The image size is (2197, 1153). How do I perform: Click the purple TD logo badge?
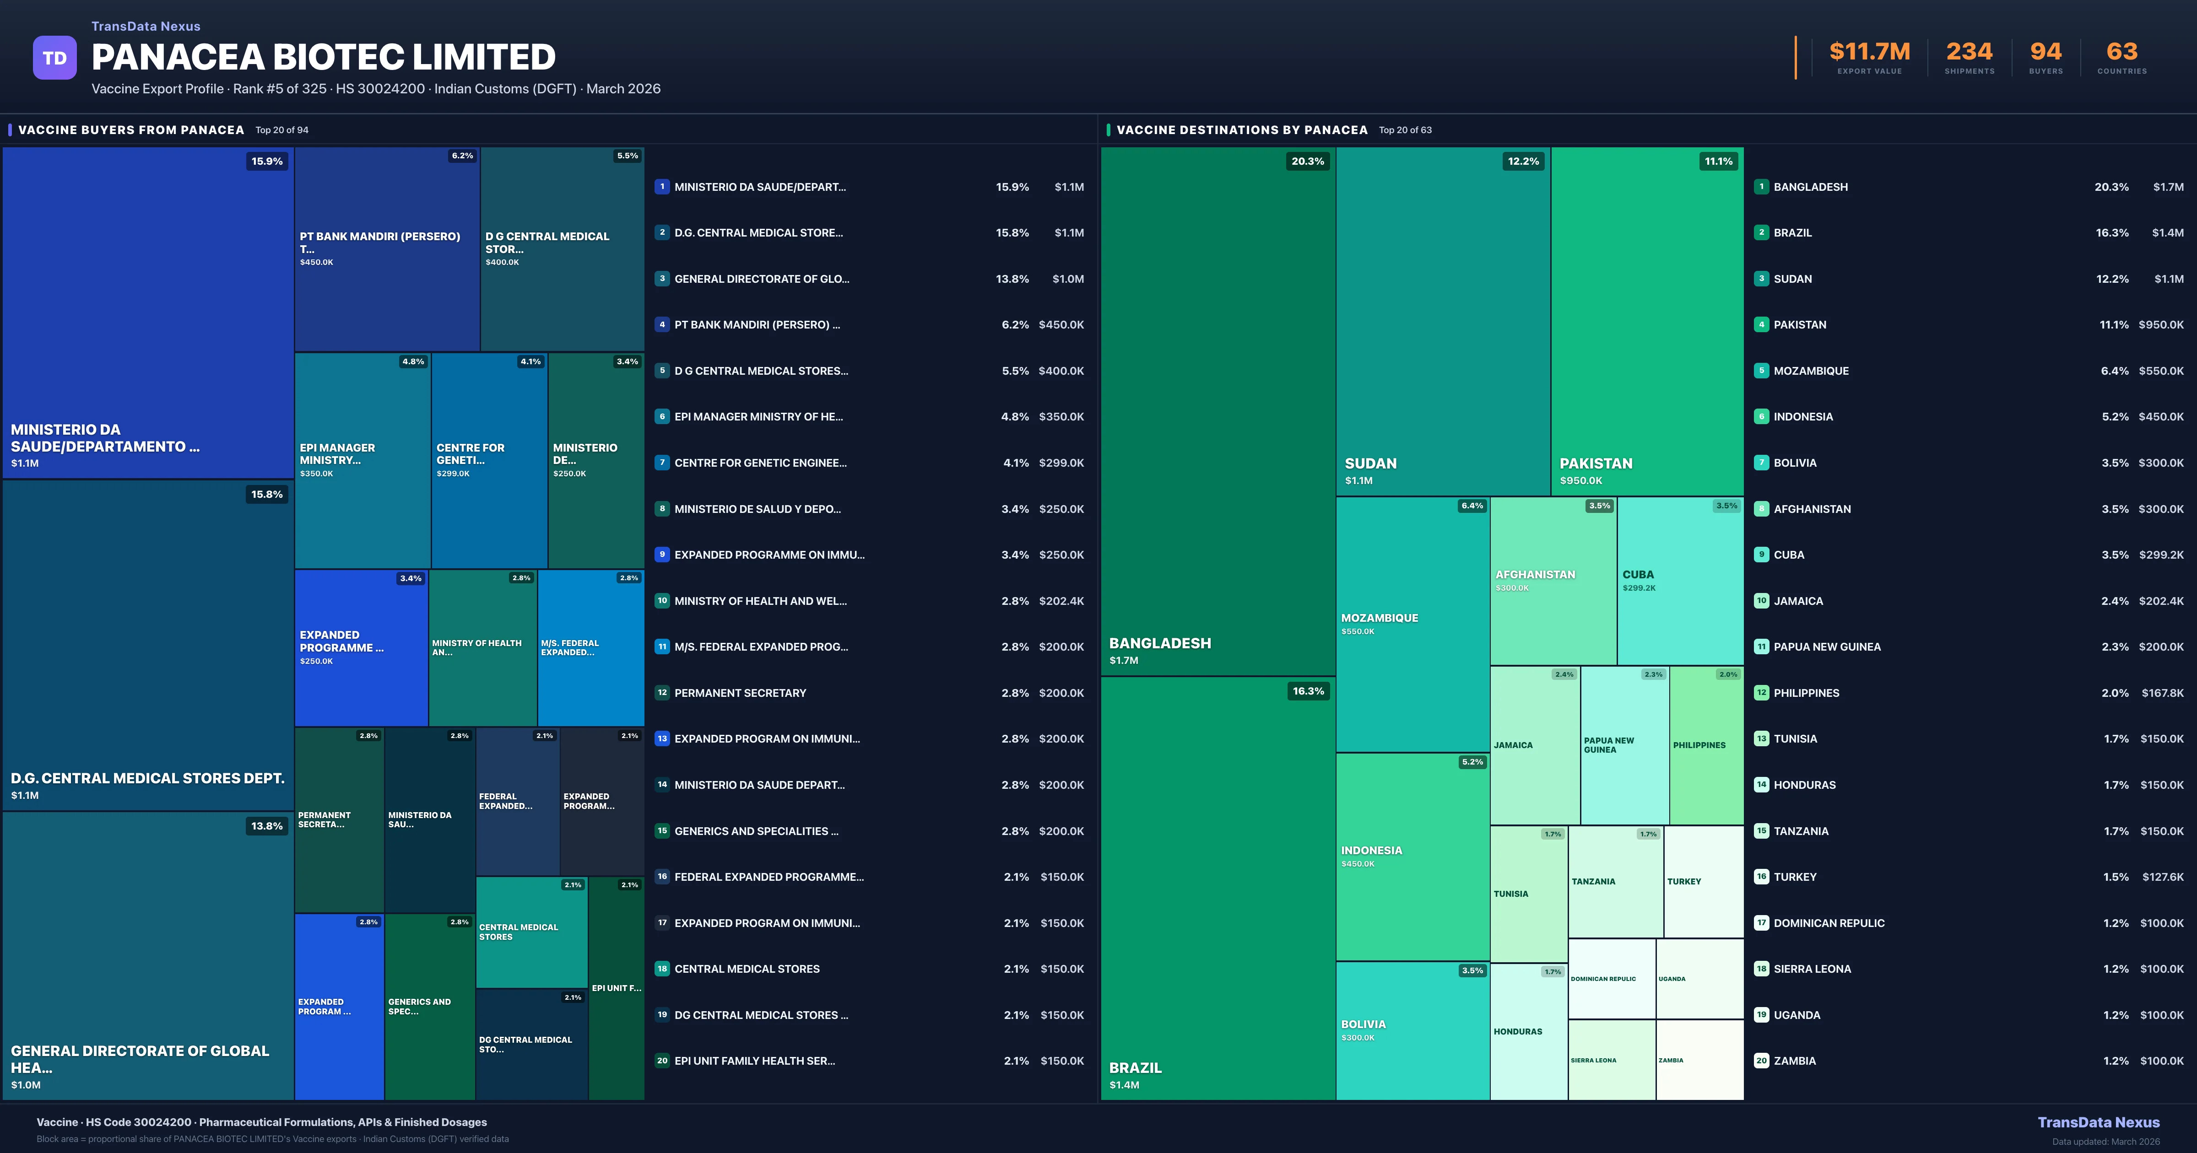pos(54,58)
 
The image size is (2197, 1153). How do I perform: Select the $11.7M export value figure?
pos(1869,52)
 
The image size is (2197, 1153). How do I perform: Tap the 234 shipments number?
pos(1969,52)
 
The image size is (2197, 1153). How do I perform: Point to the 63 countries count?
pos(2122,52)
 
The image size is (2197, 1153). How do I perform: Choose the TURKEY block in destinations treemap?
pos(1703,882)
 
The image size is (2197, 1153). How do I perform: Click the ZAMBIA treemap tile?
pos(1699,1060)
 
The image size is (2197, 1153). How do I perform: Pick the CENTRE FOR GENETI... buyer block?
pos(489,461)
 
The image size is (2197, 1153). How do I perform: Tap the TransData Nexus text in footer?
pos(2098,1122)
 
